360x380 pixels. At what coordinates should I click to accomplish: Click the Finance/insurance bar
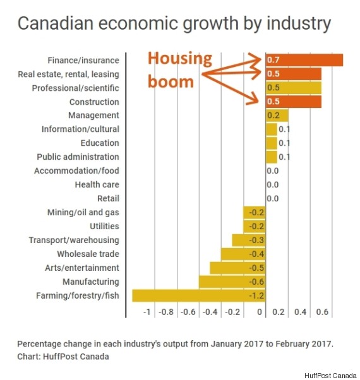coord(304,60)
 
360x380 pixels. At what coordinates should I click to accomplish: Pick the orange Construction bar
coord(293,102)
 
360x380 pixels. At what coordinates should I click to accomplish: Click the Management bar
coord(277,116)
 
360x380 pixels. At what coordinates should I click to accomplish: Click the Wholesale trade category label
coord(88,254)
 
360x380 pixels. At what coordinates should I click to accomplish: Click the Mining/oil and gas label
coord(83,212)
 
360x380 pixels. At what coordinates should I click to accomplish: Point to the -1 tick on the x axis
coord(147,312)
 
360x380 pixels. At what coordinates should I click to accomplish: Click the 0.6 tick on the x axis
coord(321,312)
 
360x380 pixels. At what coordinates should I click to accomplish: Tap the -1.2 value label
coord(256,295)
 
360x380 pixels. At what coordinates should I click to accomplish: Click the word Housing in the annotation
coord(180,59)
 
